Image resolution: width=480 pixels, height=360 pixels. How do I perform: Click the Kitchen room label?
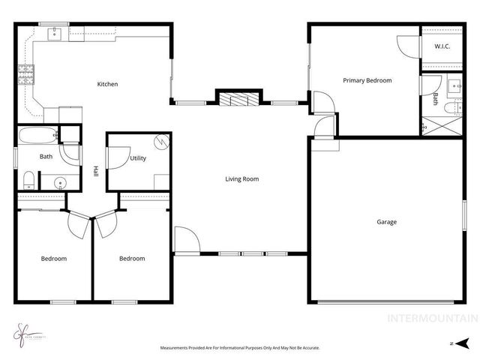click(x=107, y=84)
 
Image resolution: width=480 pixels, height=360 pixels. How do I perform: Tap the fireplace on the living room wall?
click(x=239, y=98)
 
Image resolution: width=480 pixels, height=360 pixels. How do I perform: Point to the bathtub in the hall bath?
click(x=37, y=136)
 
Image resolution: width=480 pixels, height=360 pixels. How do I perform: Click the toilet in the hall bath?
click(x=28, y=179)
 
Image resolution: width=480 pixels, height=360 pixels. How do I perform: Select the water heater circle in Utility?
click(x=160, y=141)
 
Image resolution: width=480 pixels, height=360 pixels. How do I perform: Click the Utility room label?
click(x=137, y=158)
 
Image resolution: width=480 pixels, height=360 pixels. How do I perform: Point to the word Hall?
click(x=95, y=170)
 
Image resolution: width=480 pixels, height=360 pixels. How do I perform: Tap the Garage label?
click(x=387, y=222)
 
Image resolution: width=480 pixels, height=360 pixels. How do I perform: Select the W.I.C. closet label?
click(x=442, y=47)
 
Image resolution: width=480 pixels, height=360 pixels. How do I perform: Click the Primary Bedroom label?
click(x=367, y=80)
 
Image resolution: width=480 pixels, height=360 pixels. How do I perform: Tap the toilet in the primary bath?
click(x=449, y=109)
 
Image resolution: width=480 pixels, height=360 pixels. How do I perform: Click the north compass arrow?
click(x=448, y=343)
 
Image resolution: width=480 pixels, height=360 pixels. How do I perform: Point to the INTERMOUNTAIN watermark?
click(x=431, y=318)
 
